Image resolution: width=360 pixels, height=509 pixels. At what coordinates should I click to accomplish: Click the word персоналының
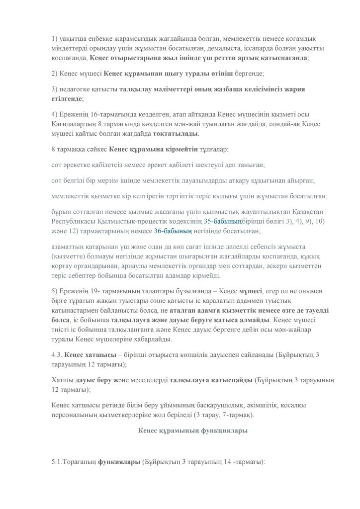73,414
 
